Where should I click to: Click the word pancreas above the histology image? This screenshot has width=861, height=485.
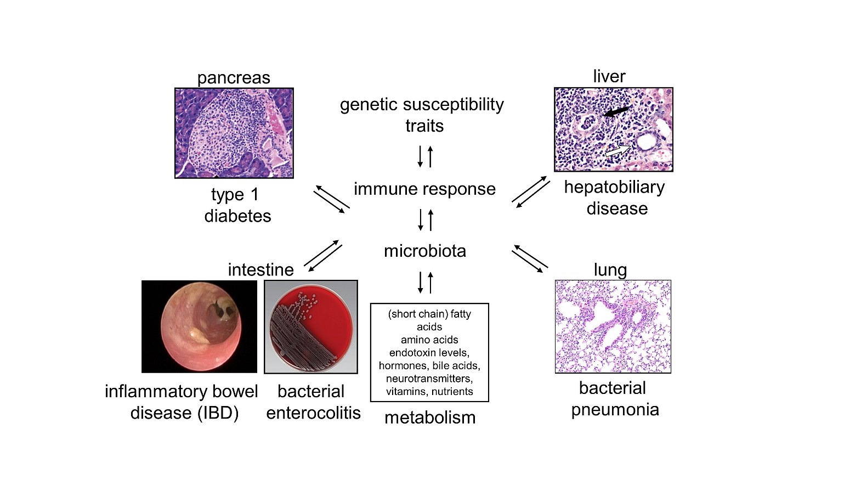tap(234, 78)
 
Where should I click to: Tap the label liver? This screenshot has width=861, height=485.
tap(609, 76)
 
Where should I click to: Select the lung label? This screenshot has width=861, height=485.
tap(610, 270)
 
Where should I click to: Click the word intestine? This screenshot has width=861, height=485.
tap(260, 270)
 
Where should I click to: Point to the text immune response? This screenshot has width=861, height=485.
tap(424, 189)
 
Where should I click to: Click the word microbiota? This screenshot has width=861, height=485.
tap(425, 251)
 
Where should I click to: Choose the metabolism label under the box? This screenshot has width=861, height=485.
tap(430, 418)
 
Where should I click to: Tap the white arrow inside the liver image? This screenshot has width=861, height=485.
tap(618, 150)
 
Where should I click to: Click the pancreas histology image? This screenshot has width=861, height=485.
tap(234, 133)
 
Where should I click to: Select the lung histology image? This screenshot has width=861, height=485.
tap(613, 326)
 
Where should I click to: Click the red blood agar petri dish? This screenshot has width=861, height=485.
tap(311, 327)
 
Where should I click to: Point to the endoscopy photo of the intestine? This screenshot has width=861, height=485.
tap(199, 326)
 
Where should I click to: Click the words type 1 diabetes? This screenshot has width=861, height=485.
tap(237, 205)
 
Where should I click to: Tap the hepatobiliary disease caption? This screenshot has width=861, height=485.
tap(615, 198)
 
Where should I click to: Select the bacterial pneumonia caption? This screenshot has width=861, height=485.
tap(614, 399)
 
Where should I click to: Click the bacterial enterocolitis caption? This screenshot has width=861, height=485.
tap(313, 402)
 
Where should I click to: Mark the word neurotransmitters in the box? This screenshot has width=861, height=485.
tap(429, 379)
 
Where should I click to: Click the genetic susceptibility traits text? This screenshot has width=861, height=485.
tap(422, 115)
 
